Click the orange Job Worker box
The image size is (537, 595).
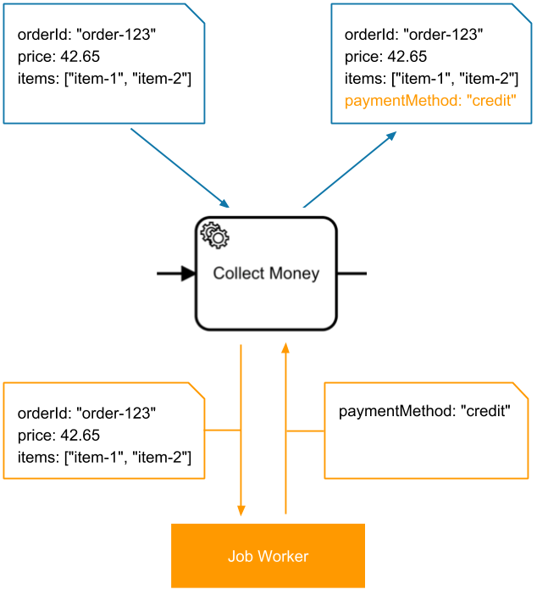pos(268,556)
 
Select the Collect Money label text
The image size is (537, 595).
pos(266,273)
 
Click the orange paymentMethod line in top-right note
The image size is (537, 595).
pos(430,101)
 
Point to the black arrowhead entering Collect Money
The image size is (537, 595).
pos(188,273)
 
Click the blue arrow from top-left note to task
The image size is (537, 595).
pos(180,167)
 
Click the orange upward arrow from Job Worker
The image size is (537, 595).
pos(285,424)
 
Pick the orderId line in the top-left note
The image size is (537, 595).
pos(87,35)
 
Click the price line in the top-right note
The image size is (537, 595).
pos(385,57)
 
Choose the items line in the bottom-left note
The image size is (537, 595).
pos(104,458)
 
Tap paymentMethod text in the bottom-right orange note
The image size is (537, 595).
pos(424,412)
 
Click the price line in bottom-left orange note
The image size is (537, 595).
pos(58,436)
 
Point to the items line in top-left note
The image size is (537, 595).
pos(104,79)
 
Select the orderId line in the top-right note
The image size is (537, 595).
pos(413,35)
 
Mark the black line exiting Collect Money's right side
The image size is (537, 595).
pos(352,273)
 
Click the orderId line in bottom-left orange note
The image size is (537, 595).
pos(87,414)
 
